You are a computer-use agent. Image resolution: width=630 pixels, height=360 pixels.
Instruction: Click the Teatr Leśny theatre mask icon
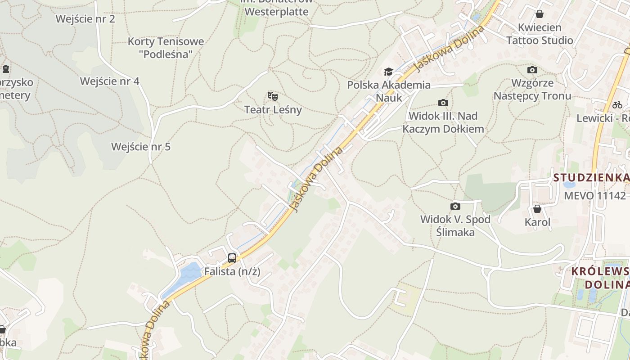[273, 96]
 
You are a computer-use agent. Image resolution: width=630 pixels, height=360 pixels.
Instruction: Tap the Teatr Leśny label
[273, 109]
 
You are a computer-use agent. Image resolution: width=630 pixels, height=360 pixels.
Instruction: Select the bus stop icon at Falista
[232, 258]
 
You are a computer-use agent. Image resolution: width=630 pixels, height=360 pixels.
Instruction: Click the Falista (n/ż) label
[232, 272]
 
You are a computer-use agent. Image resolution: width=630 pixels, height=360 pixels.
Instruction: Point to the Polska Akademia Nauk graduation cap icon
[388, 72]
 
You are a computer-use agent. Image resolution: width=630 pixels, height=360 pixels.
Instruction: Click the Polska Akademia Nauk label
[389, 91]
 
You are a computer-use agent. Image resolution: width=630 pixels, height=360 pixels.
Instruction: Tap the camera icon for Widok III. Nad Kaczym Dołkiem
[443, 103]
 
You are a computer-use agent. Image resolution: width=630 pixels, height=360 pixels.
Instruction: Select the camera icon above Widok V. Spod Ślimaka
[455, 207]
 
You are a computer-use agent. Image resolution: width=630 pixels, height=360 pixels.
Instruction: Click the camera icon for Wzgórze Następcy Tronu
[532, 70]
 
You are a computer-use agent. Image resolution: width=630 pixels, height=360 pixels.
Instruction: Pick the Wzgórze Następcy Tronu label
[532, 89]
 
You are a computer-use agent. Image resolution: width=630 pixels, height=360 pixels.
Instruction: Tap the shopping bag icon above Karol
[537, 209]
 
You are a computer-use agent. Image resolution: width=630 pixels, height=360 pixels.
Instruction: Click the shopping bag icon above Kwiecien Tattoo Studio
[540, 14]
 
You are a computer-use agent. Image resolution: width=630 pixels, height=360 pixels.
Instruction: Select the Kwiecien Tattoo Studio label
[540, 34]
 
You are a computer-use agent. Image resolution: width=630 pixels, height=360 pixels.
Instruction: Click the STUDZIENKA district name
[591, 177]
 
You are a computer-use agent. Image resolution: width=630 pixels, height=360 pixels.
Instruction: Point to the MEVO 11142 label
[594, 196]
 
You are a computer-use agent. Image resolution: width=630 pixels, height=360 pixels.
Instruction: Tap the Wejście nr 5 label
[141, 147]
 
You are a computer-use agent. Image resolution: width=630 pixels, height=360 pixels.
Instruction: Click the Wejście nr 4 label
[110, 81]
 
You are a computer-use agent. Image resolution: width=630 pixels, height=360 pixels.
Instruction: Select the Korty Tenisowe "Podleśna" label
[166, 48]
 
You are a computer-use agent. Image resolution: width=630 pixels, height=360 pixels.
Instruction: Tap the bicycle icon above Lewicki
[617, 105]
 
